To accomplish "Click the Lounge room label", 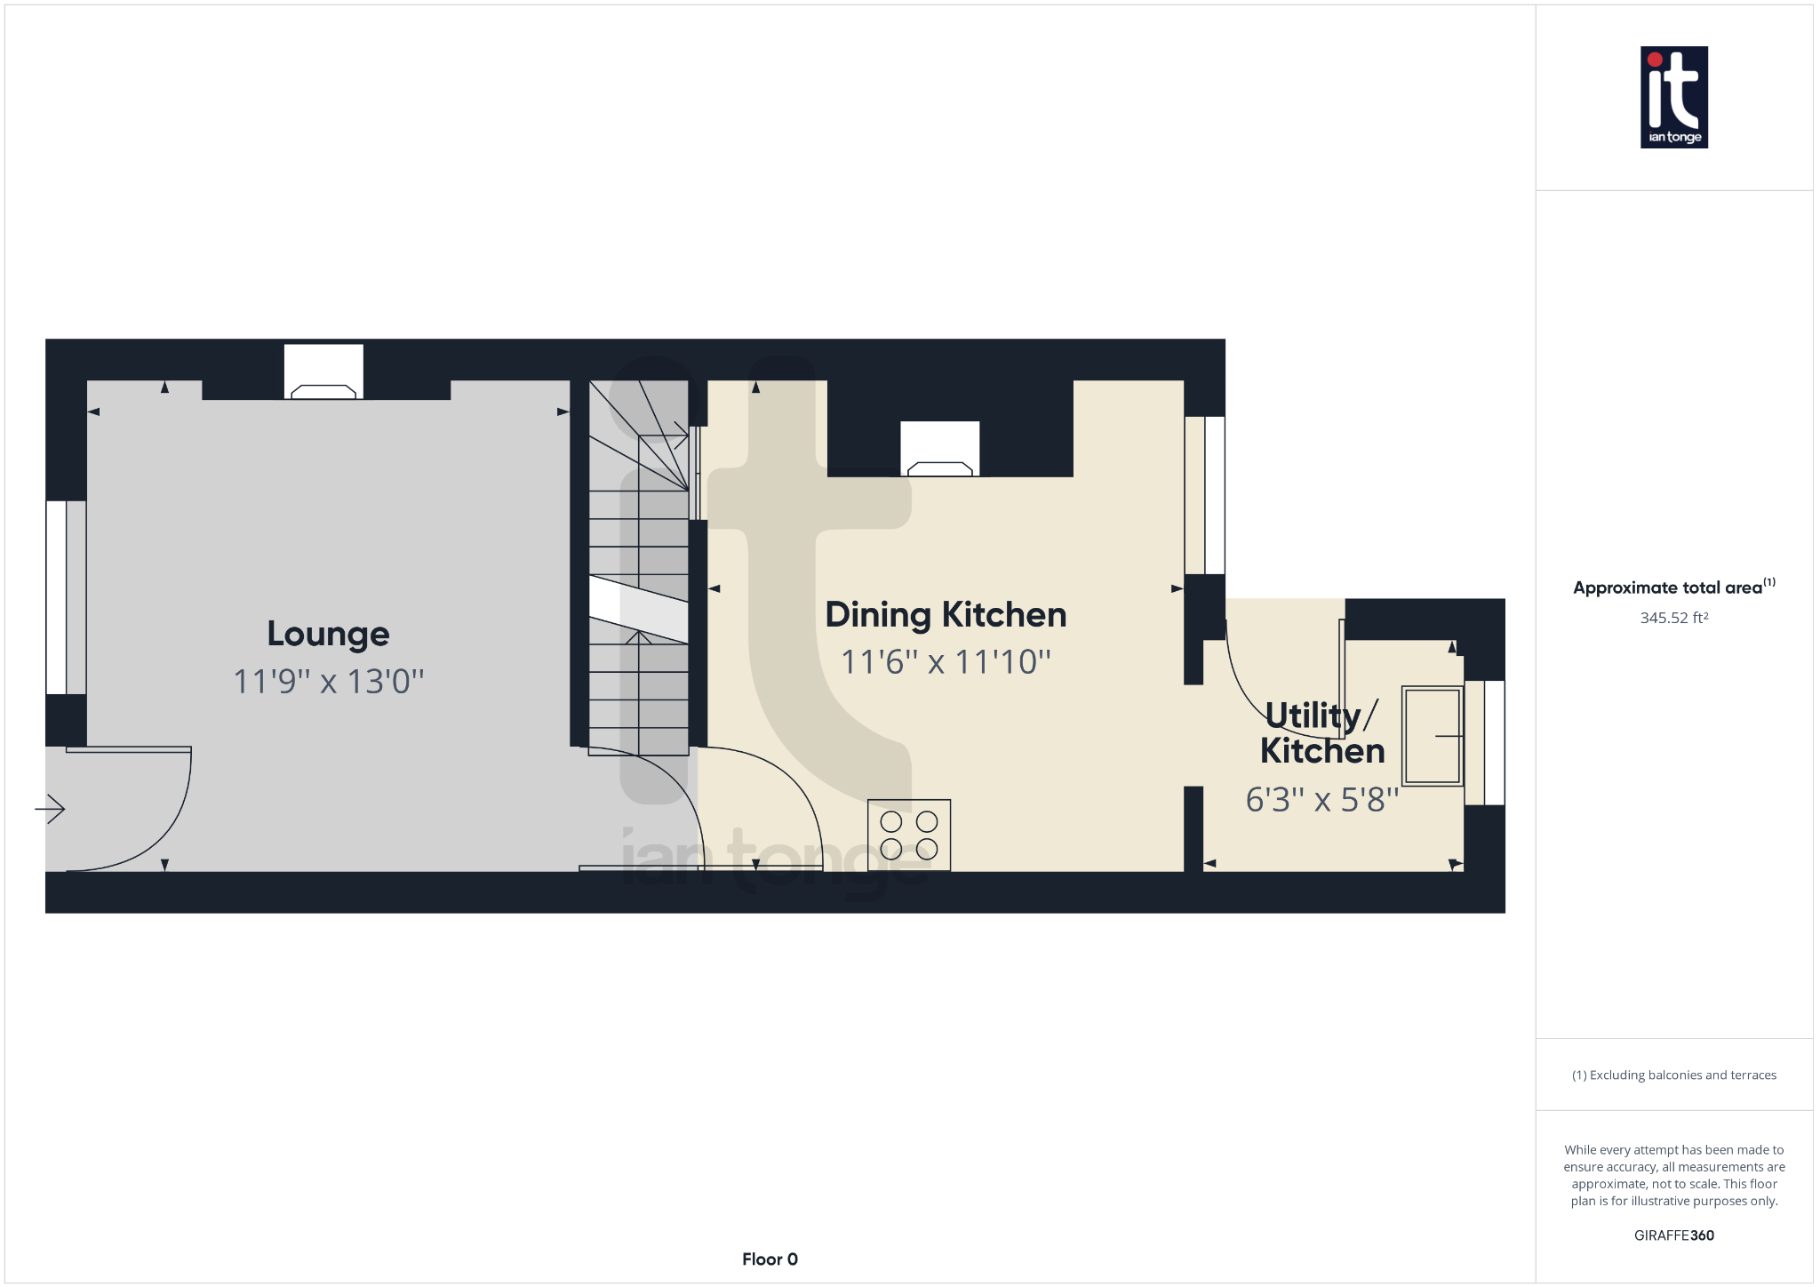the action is pos(328,635).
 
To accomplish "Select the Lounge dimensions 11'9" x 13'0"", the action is pos(328,682).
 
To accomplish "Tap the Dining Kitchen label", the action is pos(946,615).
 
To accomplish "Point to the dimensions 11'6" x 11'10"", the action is pos(946,662).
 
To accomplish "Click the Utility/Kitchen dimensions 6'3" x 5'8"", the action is pos(1321,800).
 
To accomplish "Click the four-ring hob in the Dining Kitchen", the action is pos(909,835).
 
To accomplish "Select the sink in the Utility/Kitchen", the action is pos(1433,736).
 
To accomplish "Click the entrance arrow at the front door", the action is pos(50,809).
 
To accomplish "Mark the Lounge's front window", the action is pos(66,597).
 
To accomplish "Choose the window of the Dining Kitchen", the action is pos(1205,495).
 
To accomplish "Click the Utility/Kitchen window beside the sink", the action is pos(1484,743).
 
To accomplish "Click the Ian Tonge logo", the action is pos(1674,98).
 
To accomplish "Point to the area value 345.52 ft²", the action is pos(1674,618).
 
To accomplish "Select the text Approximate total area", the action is pos(1667,588).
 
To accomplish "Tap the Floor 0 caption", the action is pos(770,1259).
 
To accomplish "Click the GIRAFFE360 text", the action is pos(1674,1235).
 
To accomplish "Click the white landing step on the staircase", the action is pos(639,609).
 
